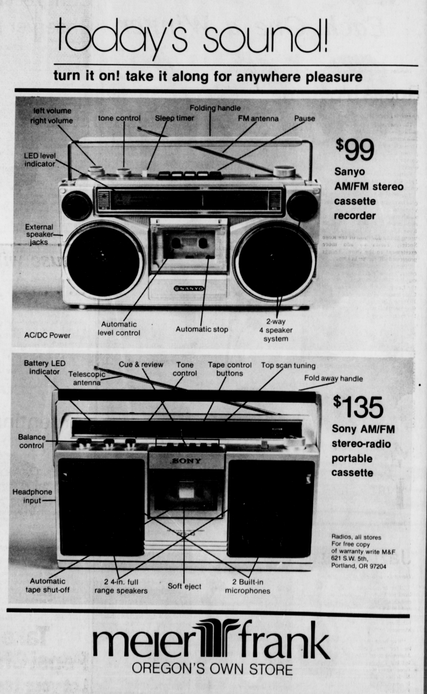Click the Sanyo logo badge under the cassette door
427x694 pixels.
point(189,288)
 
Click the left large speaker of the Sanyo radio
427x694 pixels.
point(104,261)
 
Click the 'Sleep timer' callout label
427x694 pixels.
point(175,118)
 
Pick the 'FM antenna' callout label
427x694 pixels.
point(258,119)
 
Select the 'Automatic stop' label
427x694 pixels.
point(202,329)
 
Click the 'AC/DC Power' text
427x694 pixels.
point(47,335)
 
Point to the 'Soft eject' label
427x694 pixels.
point(185,586)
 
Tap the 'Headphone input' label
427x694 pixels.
point(32,496)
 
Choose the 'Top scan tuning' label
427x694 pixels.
point(288,365)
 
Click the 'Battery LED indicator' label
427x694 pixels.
point(44,367)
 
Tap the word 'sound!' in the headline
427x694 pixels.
point(264,36)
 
